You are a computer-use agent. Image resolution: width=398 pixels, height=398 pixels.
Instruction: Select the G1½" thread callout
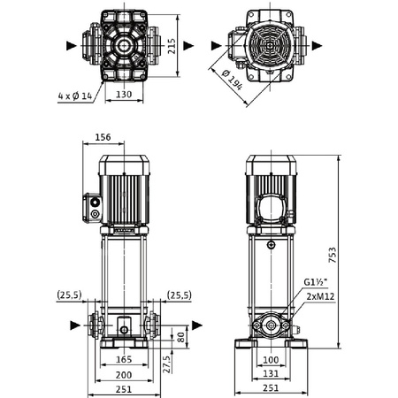[x=317, y=283]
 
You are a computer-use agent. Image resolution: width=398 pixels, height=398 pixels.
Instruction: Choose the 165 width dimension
[x=124, y=360]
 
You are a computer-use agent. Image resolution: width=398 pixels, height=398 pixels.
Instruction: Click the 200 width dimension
[x=124, y=374]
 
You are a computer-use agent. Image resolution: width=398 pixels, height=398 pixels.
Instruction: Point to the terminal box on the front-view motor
[x=93, y=207]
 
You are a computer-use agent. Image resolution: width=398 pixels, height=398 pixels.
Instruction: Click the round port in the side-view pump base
[x=271, y=325]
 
